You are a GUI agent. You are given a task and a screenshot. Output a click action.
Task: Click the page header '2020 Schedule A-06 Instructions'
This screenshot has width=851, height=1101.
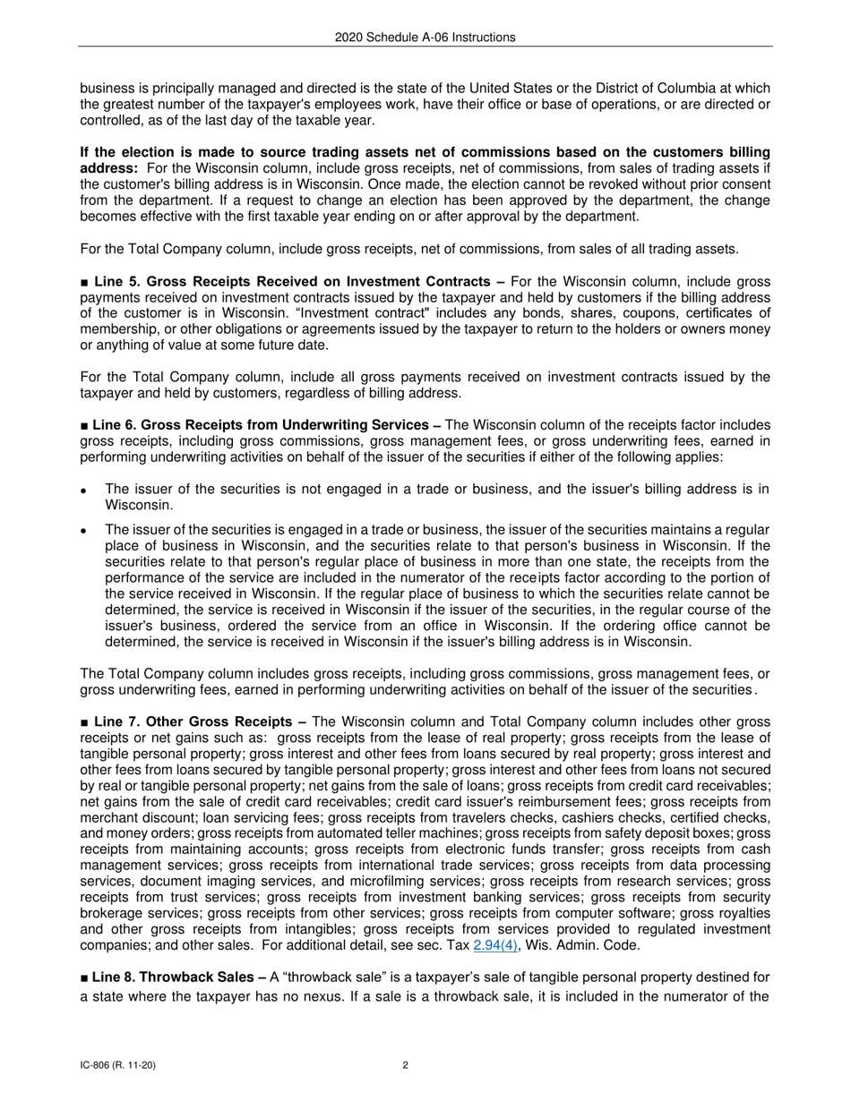(425, 37)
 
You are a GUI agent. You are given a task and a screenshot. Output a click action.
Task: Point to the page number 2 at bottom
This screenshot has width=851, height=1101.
(406, 1065)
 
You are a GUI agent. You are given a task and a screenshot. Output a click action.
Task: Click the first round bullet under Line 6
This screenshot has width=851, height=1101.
(83, 491)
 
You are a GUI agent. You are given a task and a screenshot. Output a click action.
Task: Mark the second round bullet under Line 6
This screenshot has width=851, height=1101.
(83, 530)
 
